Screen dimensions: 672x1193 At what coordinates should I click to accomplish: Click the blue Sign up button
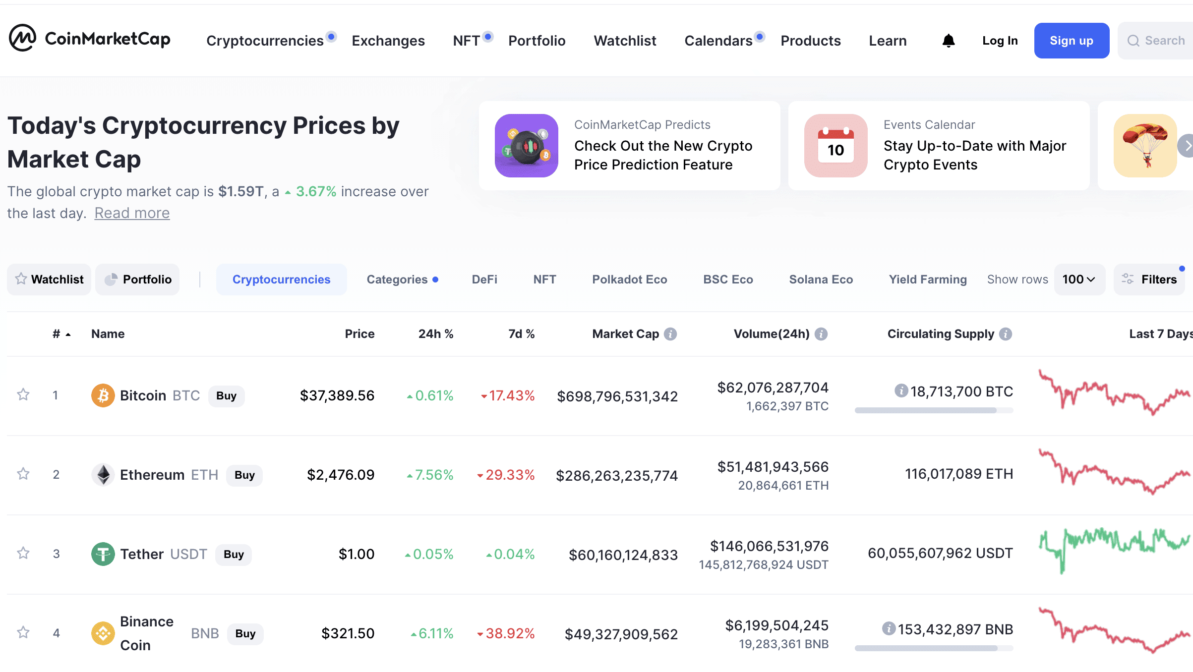(x=1071, y=41)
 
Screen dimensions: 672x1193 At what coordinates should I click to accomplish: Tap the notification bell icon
(x=948, y=41)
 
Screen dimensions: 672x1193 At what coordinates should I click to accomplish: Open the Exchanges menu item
(x=388, y=41)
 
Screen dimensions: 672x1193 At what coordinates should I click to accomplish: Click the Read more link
(x=132, y=213)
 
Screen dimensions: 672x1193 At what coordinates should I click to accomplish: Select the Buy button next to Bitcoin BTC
(x=226, y=396)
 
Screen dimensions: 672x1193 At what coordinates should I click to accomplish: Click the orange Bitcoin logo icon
(x=103, y=395)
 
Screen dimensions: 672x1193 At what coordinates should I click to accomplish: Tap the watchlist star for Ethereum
(x=23, y=474)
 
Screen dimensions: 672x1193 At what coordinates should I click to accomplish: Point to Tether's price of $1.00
(x=356, y=554)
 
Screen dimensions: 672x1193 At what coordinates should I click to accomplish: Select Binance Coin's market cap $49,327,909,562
(x=621, y=634)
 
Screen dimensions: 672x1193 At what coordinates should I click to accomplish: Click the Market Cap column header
(x=625, y=334)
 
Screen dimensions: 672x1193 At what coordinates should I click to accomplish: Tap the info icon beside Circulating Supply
(x=1006, y=334)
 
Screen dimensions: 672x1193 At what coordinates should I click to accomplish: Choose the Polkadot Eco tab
(x=629, y=280)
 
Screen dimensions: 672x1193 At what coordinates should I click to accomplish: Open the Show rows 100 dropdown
(x=1078, y=280)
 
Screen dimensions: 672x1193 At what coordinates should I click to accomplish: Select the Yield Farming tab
(x=927, y=280)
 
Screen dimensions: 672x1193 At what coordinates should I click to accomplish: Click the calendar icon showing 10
(x=835, y=146)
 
